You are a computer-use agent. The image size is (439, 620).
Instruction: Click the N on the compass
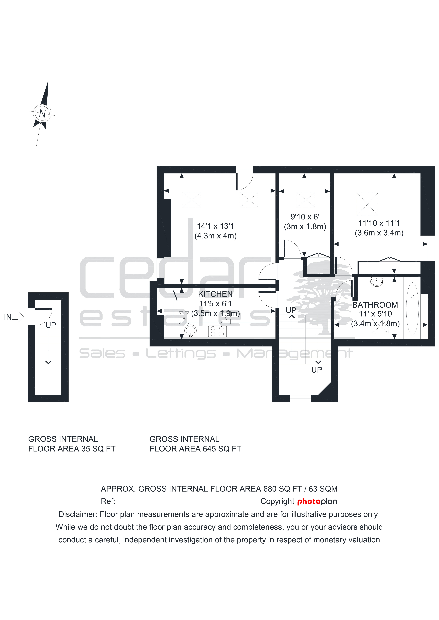(x=42, y=113)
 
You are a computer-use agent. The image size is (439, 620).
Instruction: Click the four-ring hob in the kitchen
(x=217, y=331)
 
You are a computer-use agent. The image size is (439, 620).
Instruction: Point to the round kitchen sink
(x=191, y=331)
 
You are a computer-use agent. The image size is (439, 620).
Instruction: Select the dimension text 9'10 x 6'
(x=305, y=217)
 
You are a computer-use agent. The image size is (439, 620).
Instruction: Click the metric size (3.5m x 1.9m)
(x=215, y=314)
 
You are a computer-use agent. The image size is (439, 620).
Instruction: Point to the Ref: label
(x=108, y=501)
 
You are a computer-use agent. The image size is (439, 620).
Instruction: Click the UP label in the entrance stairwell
(x=51, y=325)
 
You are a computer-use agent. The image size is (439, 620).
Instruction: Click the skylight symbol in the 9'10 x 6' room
(x=306, y=200)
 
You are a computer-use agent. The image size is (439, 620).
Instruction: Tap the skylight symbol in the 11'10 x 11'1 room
(x=368, y=204)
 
